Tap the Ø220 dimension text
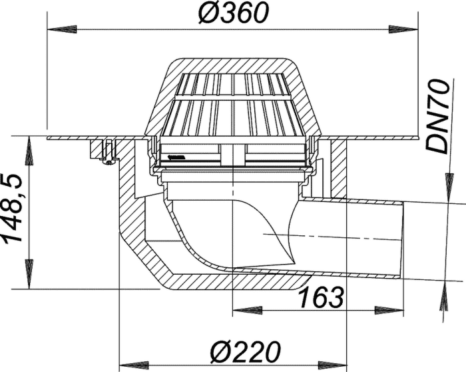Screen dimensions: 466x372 (246, 351)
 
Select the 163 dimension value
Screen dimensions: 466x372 (321, 297)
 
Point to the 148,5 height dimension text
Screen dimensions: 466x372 (12, 208)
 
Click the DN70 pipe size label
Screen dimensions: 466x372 (437, 116)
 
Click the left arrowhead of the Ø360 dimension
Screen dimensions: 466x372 (63, 29)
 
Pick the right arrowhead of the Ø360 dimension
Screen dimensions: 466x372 (403, 29)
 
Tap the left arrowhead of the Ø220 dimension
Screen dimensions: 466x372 (134, 364)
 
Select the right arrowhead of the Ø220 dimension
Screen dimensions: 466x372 (333, 364)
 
